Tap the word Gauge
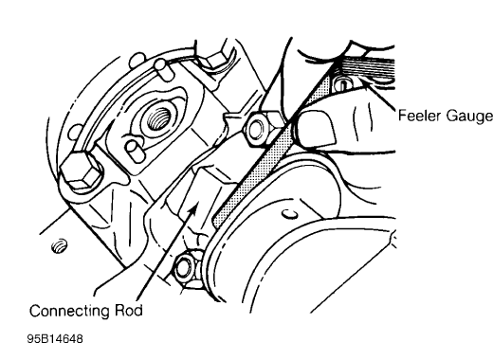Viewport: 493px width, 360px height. (467, 116)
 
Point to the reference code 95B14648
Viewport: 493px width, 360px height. (60, 337)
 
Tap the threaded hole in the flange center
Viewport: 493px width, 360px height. (153, 120)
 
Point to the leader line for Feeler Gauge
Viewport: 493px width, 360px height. (379, 99)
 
